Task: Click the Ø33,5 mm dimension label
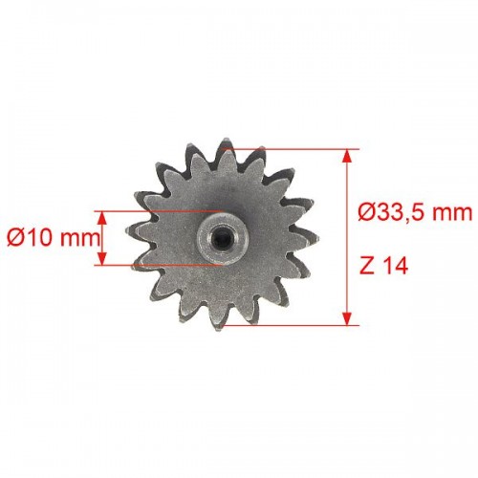coord(415,212)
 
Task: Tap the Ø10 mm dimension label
coord(53,238)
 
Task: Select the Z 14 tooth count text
coord(384,267)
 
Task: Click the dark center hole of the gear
coord(222,238)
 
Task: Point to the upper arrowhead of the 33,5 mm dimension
coord(347,157)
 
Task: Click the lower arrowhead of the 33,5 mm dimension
coord(347,318)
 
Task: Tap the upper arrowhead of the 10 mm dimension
coord(102,218)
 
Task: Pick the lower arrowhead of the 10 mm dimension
coord(102,258)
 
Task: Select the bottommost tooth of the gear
coord(219,320)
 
